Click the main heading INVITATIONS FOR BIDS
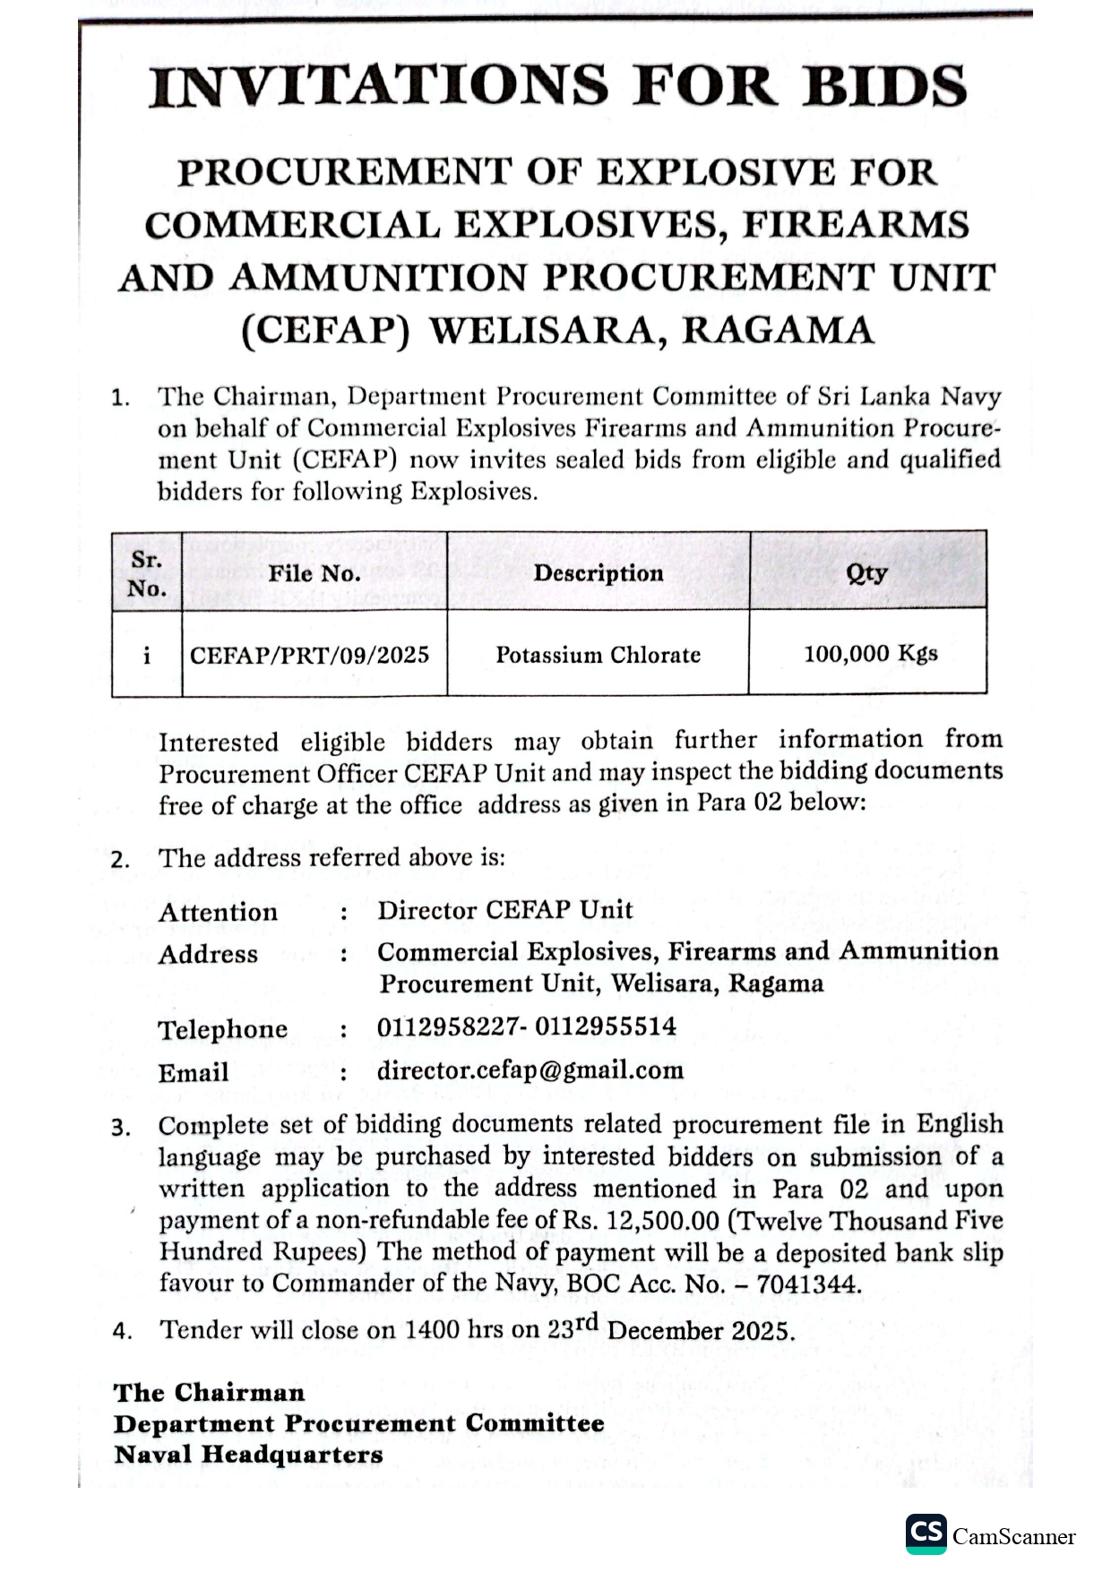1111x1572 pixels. [x=557, y=87]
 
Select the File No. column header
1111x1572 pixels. [x=314, y=573]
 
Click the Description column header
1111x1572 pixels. [x=599, y=573]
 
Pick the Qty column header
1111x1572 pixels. [x=866, y=573]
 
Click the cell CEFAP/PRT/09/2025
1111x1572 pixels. [x=310, y=655]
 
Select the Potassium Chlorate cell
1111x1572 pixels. [x=599, y=655]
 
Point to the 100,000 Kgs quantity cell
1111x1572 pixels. [x=870, y=653]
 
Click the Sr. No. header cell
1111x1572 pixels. [x=147, y=573]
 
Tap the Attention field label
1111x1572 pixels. [x=219, y=912]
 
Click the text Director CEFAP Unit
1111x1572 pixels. [x=504, y=910]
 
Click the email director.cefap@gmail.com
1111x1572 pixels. [x=530, y=1070]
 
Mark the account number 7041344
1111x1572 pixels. [x=808, y=1284]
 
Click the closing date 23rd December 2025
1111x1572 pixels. [x=671, y=1329]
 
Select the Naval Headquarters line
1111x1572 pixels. [x=248, y=1454]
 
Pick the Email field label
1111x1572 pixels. [x=194, y=1072]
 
